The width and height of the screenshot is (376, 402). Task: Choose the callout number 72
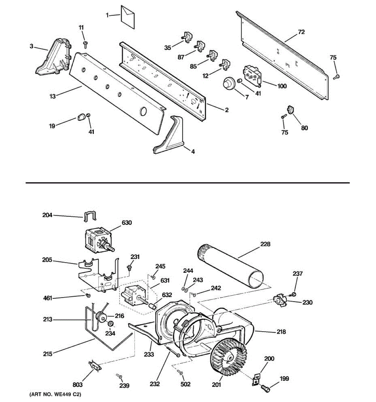(x=301, y=32)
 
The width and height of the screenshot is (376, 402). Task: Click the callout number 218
(x=281, y=332)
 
